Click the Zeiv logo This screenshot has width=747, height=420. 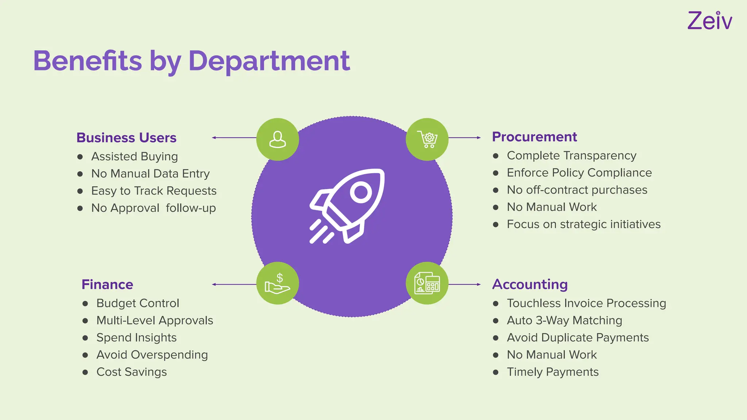coord(709,21)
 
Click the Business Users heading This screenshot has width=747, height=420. coord(126,138)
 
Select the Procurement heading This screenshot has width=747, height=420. coord(534,137)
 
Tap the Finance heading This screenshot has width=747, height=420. coord(107,284)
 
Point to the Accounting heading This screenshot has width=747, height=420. coord(530,284)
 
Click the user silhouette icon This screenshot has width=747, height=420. coord(278,139)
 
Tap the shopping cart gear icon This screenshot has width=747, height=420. coord(427,139)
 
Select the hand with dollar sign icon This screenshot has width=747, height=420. coord(278,283)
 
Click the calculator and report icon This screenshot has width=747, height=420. coord(427,283)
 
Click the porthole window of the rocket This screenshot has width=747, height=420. coord(361,192)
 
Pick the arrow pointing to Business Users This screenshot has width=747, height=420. coord(234,138)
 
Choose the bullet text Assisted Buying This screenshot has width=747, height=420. coord(135,156)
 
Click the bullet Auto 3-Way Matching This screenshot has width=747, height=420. coord(564,320)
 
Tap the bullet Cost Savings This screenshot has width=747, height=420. coord(132,372)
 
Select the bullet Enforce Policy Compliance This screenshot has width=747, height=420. coord(579,173)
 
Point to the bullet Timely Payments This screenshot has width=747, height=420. coord(553,372)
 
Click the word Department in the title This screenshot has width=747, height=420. coord(269,61)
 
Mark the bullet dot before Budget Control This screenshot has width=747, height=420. coord(85,303)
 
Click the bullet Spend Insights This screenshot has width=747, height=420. coord(136,338)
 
